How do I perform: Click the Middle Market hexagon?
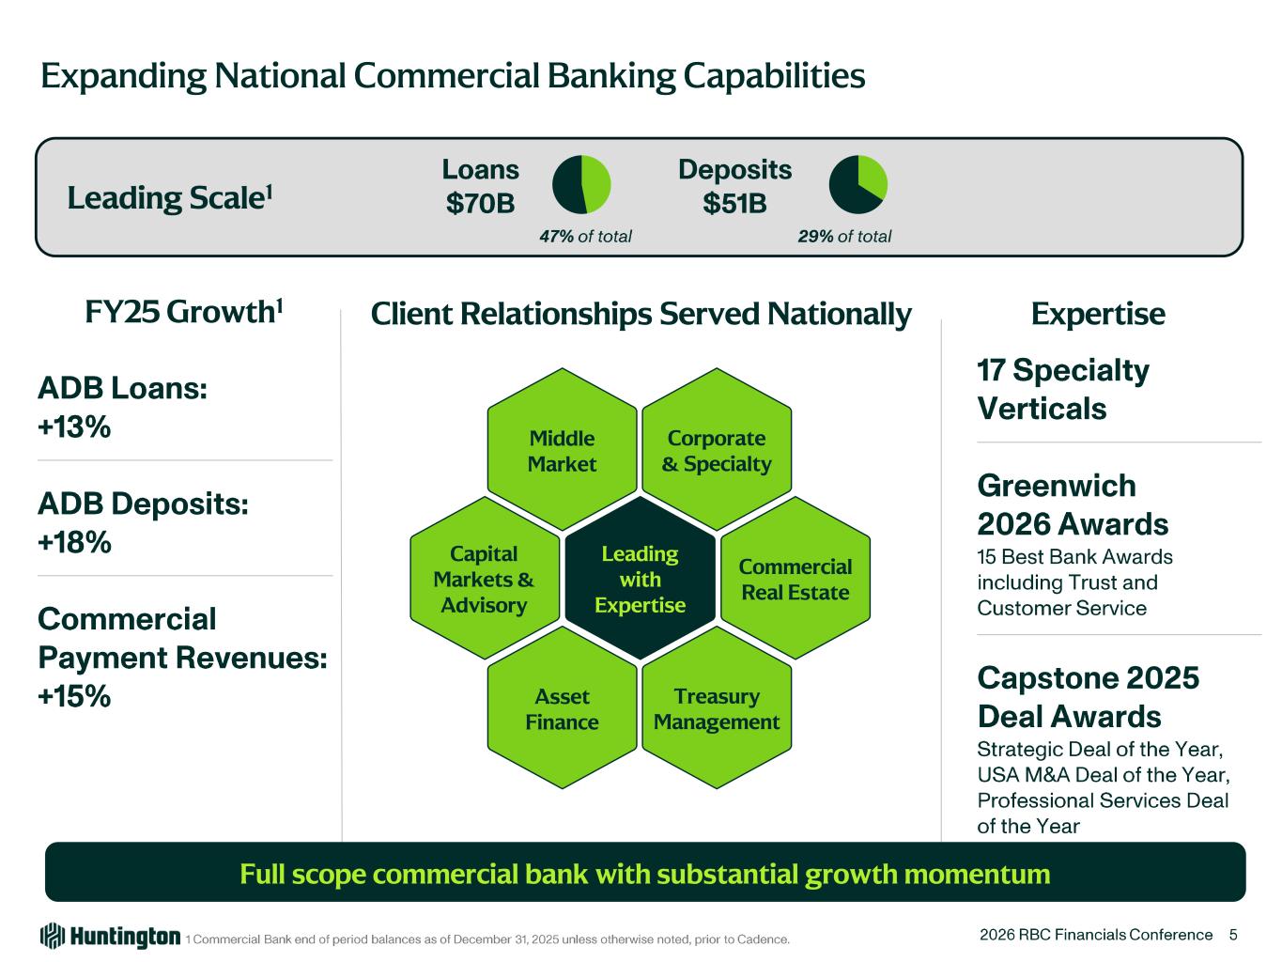click(562, 450)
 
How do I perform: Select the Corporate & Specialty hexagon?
click(716, 450)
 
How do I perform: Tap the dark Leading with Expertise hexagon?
click(640, 579)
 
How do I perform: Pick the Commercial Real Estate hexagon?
click(795, 579)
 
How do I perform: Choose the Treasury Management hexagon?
click(716, 708)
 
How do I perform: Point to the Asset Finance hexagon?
click(562, 708)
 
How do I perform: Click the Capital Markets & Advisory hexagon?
click(484, 579)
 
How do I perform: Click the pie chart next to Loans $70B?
click(581, 184)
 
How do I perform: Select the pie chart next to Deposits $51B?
click(857, 184)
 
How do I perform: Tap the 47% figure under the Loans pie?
click(556, 237)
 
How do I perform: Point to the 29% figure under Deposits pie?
click(815, 237)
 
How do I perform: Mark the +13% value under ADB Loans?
click(74, 427)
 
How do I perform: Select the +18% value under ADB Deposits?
click(74, 543)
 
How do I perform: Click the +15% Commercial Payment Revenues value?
click(74, 696)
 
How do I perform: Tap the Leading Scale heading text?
click(169, 197)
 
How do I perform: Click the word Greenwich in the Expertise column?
click(1057, 486)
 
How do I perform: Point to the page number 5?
click(1233, 935)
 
